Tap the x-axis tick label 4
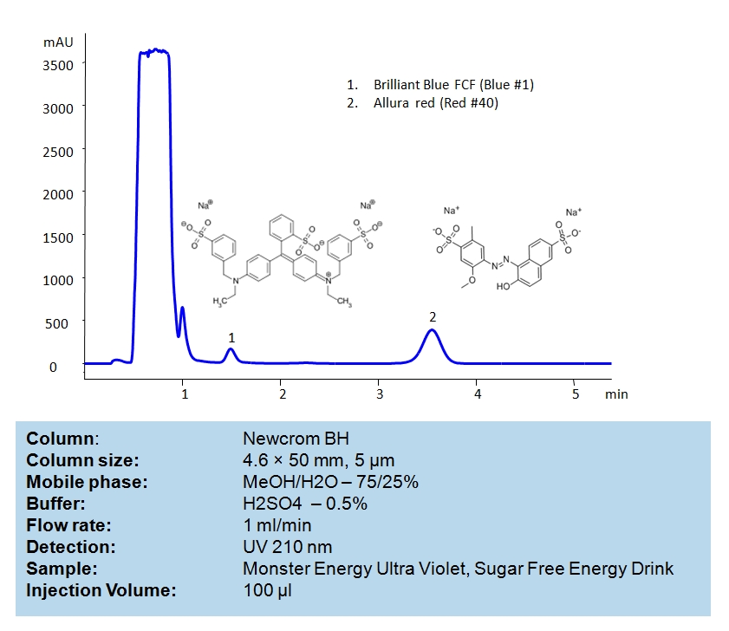478,394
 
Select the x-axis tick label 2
283,394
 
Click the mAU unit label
58,41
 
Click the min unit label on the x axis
616,394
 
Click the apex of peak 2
432,330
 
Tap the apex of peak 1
231,349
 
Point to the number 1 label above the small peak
231,336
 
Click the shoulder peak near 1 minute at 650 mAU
182,308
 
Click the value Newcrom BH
283,439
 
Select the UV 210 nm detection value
287,547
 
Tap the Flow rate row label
69,525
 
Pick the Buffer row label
55,504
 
